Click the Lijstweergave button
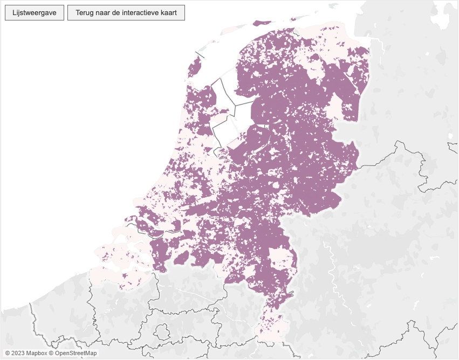[x=35, y=12]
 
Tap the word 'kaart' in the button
[x=169, y=12]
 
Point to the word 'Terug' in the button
[x=85, y=12]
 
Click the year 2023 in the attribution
[x=18, y=353]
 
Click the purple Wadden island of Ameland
[x=262, y=23]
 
